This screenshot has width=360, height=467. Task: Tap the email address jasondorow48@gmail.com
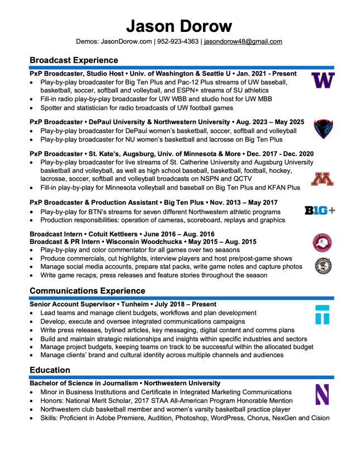243,41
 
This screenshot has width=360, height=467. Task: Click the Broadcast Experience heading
74,60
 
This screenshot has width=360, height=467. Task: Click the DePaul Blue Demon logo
323,129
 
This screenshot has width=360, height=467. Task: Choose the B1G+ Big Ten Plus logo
320,210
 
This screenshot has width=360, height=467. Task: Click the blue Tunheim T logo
323,315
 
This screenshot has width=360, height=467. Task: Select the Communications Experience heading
87,291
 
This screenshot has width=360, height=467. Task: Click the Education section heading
50,370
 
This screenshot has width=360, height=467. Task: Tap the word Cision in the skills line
318,418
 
